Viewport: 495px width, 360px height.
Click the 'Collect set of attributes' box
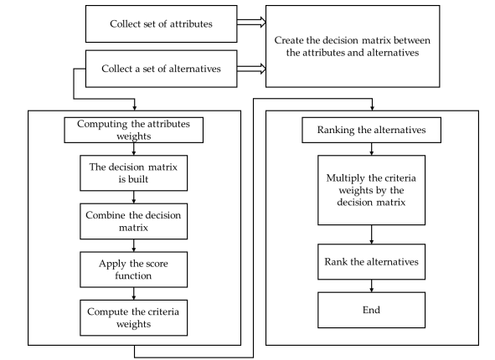162,23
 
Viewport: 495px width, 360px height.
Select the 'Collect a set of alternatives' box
162,69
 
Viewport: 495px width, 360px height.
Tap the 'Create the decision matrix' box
353,46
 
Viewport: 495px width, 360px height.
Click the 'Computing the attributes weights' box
133,130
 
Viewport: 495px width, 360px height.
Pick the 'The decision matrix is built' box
133,173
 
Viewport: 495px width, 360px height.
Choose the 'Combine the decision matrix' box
133,221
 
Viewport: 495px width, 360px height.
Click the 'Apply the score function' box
133,270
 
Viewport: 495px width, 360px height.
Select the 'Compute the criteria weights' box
133,318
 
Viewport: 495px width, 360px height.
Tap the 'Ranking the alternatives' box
371,130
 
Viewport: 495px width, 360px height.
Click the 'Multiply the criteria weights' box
371,190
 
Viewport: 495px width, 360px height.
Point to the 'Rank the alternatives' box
371,261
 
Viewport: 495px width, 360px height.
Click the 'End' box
371,310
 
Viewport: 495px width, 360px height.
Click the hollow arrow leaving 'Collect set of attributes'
251,23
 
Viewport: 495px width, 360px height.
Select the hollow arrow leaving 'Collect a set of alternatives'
251,69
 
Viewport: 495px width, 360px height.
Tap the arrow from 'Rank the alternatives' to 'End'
372,285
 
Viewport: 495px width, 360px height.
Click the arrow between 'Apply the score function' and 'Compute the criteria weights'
134,294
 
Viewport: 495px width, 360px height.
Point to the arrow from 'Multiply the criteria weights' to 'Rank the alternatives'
372,234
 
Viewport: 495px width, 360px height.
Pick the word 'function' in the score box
133,275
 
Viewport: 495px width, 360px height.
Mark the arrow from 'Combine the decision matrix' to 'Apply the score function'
134,245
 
